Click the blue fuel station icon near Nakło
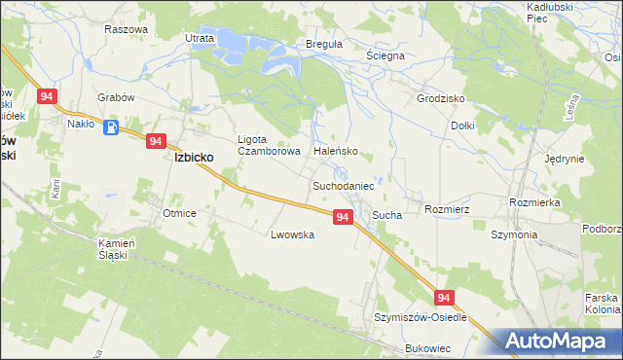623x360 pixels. pos(112,126)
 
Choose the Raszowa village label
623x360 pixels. pos(126,29)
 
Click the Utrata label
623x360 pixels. pos(200,38)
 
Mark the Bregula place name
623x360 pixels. pos(324,45)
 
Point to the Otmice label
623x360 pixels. pos(180,213)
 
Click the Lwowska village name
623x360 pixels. pos(292,234)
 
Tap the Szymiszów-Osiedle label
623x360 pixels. pos(421,318)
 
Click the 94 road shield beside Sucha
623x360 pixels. pos(342,218)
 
